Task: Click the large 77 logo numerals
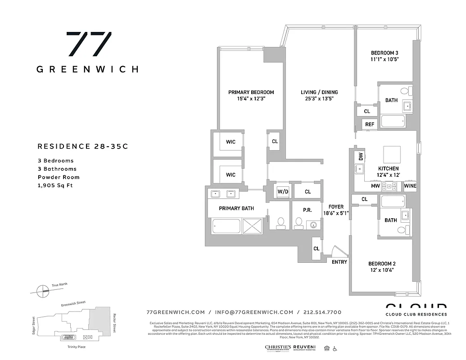[x=89, y=44]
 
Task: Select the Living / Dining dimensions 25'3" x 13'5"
[x=319, y=99]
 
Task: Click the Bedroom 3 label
[x=385, y=52]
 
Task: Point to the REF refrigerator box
[x=370, y=125]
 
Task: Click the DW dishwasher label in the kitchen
[x=361, y=157]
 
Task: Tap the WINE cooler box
[x=410, y=186]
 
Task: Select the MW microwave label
[x=375, y=186]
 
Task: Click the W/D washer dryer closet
[x=283, y=191]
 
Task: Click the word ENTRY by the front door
[x=339, y=262]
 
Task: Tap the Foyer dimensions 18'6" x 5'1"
[x=336, y=213]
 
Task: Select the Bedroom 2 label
[x=382, y=264]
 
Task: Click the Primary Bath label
[x=236, y=208]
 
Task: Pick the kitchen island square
[x=392, y=155]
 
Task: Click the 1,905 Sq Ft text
[x=55, y=185]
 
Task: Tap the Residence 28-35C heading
[x=79, y=146]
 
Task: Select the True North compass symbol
[x=41, y=290]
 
